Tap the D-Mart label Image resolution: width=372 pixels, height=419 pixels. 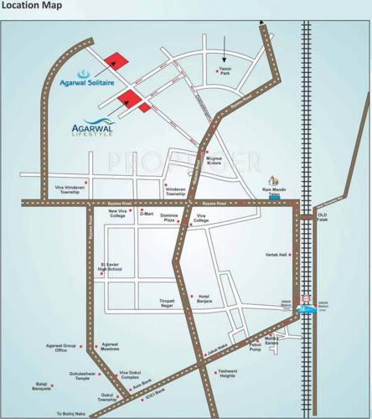147,214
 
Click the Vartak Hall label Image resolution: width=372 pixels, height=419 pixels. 276,254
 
